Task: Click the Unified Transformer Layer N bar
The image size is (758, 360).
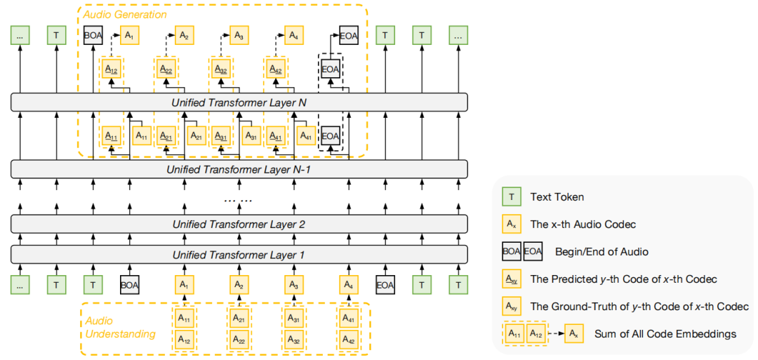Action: point(239,103)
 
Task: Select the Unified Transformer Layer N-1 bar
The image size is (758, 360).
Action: point(239,169)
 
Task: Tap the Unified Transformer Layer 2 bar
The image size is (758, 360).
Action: point(239,225)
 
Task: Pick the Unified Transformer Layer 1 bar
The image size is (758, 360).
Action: point(239,255)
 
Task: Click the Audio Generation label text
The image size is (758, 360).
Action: point(125,14)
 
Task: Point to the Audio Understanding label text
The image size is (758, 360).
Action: point(120,327)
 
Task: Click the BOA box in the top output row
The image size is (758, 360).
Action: point(93,34)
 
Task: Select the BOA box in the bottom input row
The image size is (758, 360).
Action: point(130,286)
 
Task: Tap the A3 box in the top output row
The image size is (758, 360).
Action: point(239,34)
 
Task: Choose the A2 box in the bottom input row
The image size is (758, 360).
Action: point(239,286)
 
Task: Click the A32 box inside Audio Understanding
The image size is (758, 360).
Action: point(295,339)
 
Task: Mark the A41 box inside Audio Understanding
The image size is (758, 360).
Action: point(349,319)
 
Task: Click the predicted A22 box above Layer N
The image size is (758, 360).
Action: point(166,69)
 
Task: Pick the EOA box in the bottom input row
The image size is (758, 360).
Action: point(385,286)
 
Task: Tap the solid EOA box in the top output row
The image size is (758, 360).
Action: point(349,34)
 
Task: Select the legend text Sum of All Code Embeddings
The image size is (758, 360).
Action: point(665,333)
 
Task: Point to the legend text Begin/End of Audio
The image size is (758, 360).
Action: point(601,251)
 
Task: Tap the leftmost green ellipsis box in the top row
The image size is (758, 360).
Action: point(20,34)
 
